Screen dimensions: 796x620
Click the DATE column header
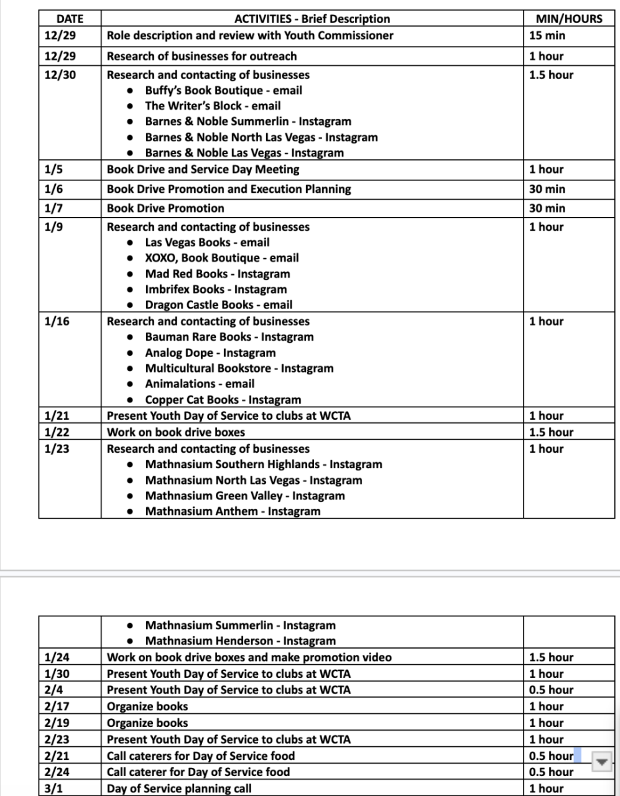tap(70, 19)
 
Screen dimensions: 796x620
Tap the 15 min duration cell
tap(547, 35)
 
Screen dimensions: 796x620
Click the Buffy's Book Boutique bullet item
tap(223, 90)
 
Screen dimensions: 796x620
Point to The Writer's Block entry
tap(213, 106)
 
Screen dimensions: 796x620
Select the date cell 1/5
tap(53, 169)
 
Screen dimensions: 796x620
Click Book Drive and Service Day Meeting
tap(203, 169)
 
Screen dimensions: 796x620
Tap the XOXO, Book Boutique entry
tap(221, 258)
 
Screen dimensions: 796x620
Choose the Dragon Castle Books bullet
tap(218, 305)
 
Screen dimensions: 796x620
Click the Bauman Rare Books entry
tap(229, 337)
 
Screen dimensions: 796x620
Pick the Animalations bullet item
tap(200, 384)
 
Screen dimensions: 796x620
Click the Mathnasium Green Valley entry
tap(244, 496)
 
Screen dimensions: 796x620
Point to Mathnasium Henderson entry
tap(240, 641)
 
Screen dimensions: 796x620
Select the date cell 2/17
tap(57, 706)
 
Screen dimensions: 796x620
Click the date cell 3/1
tap(53, 789)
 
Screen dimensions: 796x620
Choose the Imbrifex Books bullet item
tap(216, 289)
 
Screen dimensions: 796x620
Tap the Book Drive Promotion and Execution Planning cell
tap(229, 189)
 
